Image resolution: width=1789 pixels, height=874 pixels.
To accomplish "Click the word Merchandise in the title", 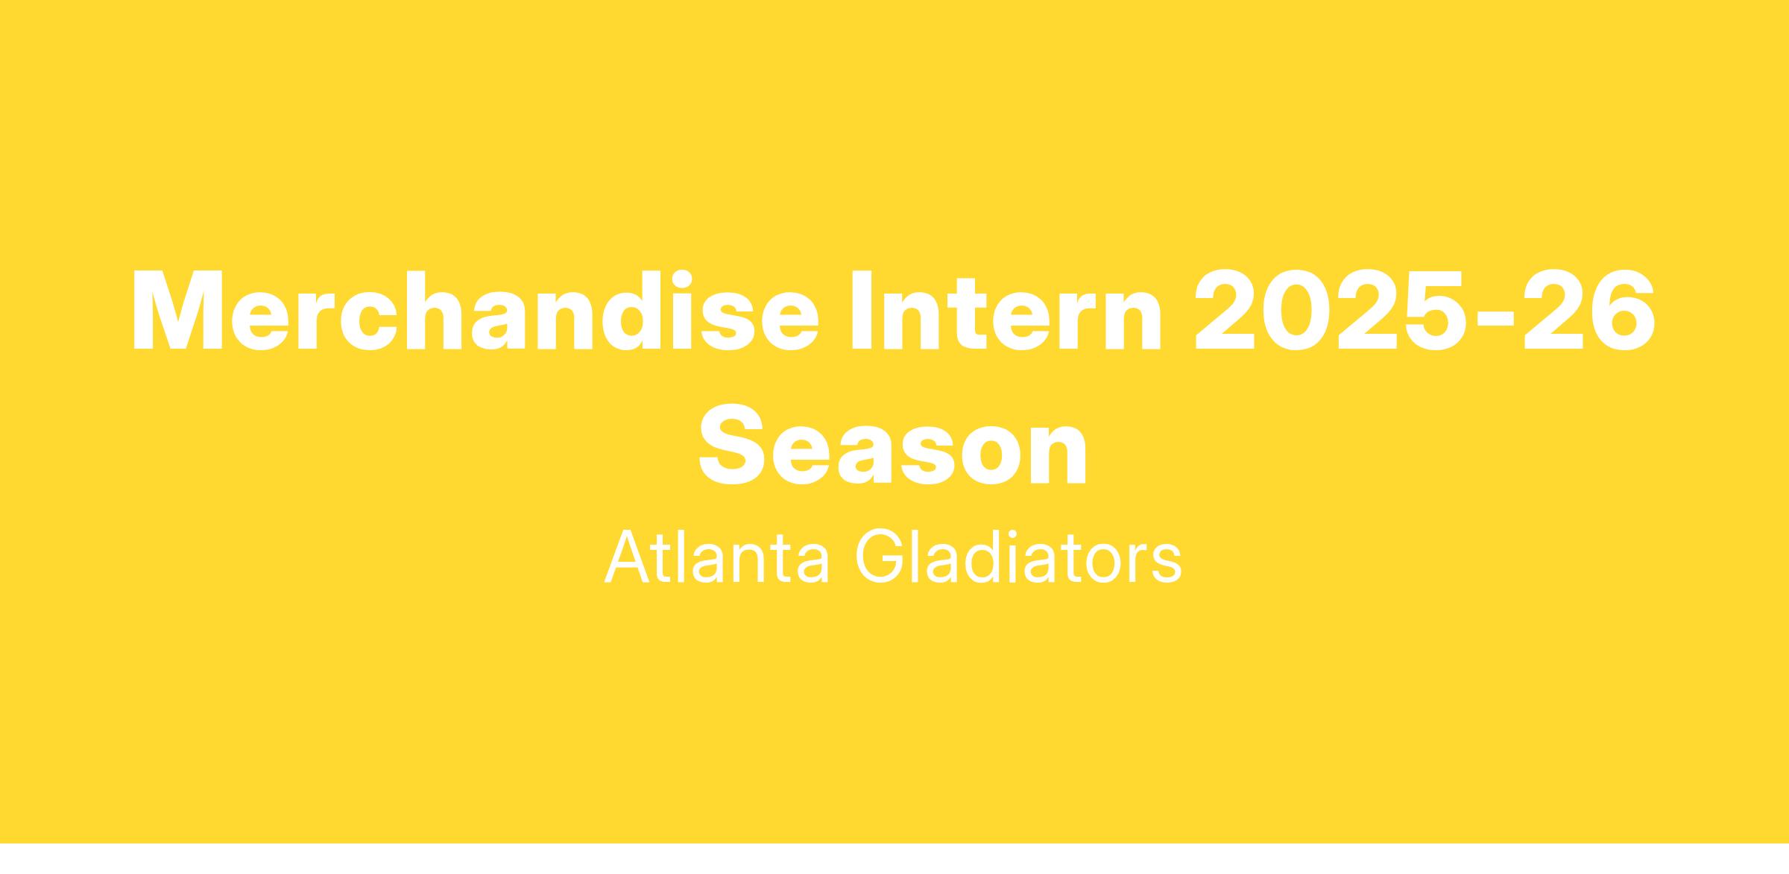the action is click(476, 310).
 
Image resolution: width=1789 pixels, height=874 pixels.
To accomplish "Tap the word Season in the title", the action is click(892, 444).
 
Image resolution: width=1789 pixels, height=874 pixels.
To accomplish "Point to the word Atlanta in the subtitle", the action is click(716, 557).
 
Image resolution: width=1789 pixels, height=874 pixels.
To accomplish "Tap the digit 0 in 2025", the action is click(1298, 310).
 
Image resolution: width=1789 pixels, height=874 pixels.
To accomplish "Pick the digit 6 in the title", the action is click(1624, 310).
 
